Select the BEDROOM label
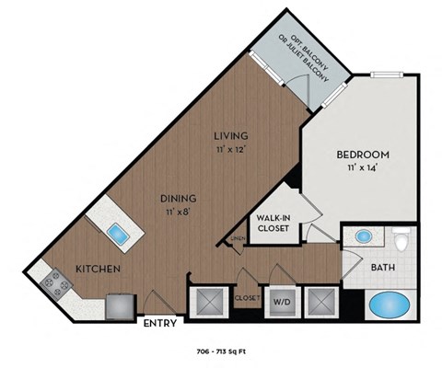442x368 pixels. click(362, 155)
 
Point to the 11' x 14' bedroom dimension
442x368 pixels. click(362, 167)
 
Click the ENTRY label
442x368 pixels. click(161, 323)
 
